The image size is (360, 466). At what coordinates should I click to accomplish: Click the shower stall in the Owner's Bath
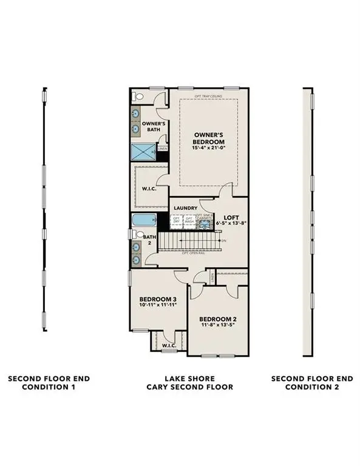point(143,152)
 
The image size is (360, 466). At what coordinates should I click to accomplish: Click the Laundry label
point(185,208)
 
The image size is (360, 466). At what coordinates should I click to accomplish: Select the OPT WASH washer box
point(189,221)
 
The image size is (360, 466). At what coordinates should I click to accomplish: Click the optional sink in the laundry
point(203,224)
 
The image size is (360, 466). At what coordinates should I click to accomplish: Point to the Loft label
point(231,217)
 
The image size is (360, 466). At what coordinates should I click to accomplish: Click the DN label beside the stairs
point(224,241)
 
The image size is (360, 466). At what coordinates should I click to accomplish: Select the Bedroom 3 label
point(158,299)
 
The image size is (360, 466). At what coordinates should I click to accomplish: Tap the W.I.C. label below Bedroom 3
point(169,345)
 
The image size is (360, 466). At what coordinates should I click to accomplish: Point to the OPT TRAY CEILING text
point(207,96)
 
